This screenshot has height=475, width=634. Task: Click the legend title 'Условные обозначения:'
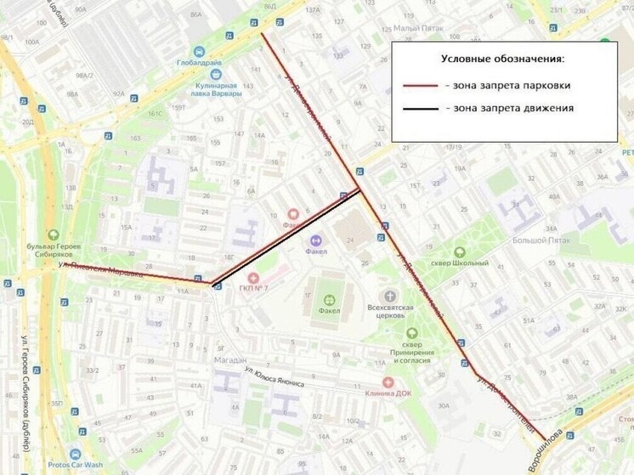coord(503,59)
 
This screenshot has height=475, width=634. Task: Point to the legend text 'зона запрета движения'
coord(513,109)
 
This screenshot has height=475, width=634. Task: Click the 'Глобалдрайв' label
coord(199,63)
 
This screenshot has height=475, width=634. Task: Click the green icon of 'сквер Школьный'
coord(460,252)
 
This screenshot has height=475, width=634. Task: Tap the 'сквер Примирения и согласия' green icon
coord(412,333)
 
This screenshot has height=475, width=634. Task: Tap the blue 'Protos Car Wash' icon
coord(75,454)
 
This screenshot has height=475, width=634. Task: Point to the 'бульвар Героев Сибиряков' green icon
coord(53,235)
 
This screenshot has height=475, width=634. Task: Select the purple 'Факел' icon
coord(316,240)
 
